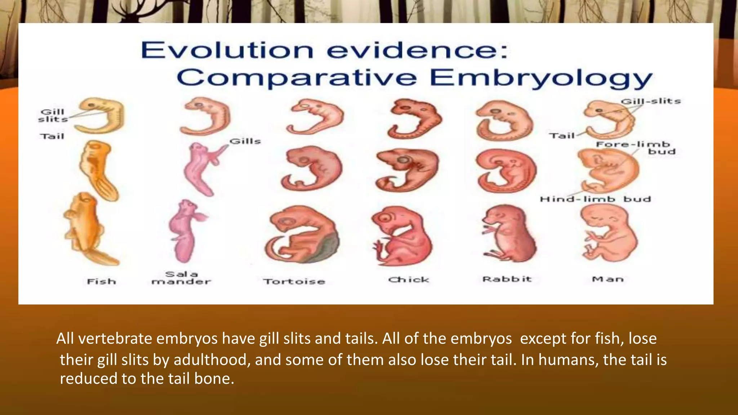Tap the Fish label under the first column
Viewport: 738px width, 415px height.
coord(102,281)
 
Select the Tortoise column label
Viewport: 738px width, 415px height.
coord(294,281)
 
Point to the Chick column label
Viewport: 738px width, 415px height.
coord(409,280)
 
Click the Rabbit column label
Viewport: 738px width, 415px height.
coord(507,279)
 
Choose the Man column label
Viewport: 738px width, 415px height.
coord(608,279)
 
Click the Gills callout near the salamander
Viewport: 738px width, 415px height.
coord(245,141)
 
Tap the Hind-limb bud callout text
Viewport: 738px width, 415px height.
coord(595,199)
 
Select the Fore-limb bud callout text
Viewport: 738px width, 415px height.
coord(636,148)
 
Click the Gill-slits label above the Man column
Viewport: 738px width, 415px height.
coord(651,101)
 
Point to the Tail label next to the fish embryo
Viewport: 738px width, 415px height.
coord(52,136)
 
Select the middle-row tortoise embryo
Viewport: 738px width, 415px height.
coord(312,168)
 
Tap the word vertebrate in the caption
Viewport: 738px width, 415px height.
coord(116,339)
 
